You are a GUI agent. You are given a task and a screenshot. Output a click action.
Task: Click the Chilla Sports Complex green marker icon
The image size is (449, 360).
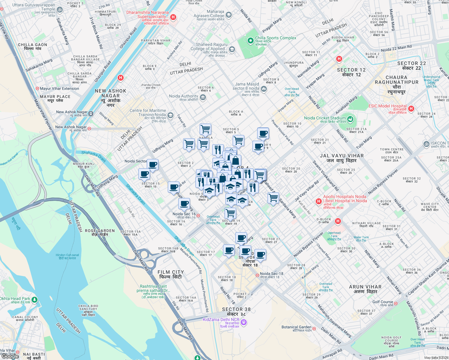(x=250, y=40)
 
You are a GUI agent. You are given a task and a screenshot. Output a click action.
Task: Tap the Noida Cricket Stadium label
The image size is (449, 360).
(x=325, y=118)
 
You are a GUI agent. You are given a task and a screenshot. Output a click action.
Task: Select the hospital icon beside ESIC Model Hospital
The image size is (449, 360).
(x=411, y=109)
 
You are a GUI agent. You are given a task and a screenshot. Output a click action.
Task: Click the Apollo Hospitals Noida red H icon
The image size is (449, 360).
(x=318, y=201)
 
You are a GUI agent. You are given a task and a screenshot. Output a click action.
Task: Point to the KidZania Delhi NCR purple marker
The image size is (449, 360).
(x=244, y=322)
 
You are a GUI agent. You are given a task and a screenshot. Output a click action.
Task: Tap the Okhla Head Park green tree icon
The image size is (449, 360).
(x=35, y=299)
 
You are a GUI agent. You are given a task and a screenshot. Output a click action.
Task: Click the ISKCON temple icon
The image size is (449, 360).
(x=426, y=144)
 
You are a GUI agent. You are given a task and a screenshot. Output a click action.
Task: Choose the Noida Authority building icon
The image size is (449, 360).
(x=203, y=97)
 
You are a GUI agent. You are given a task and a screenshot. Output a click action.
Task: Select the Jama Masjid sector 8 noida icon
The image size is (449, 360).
(x=264, y=88)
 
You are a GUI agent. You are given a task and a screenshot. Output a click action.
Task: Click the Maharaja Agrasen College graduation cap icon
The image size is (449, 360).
(x=229, y=15)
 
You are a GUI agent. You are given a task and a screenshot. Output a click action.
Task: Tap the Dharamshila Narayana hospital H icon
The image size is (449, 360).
(x=173, y=17)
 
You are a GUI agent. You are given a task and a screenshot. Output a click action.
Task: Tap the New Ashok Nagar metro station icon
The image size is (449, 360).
(x=91, y=114)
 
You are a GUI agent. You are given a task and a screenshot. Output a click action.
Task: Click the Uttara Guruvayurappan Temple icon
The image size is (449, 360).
(x=59, y=10)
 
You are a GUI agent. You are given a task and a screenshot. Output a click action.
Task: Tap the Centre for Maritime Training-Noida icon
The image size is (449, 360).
(x=170, y=115)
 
